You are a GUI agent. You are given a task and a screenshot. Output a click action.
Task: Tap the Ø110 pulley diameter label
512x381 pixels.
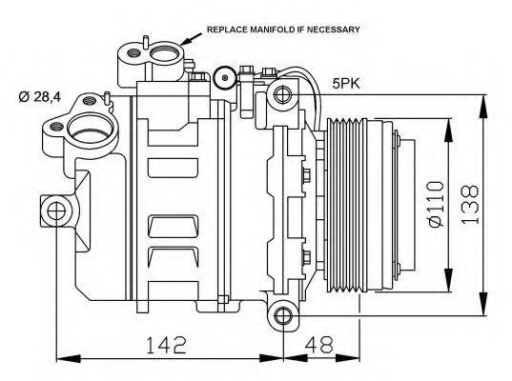coord(436,202)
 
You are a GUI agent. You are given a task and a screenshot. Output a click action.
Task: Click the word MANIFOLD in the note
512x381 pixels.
coord(265,30)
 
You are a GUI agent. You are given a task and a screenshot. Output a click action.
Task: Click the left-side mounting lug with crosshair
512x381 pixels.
coord(55,211)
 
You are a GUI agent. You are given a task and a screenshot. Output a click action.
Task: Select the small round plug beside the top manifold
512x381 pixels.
coord(225,75)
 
